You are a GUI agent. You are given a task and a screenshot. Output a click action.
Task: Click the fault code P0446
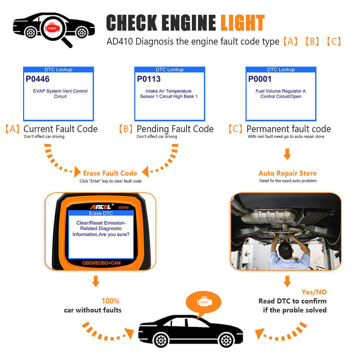37,79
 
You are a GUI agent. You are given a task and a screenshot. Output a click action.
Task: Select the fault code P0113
149,79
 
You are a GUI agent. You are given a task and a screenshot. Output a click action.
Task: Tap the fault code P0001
260,79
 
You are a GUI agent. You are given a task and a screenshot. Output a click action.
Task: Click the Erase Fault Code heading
110,173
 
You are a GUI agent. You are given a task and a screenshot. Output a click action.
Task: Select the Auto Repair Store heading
287,173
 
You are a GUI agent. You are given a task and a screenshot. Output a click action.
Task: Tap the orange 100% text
111,301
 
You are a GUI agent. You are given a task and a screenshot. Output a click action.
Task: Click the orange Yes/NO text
314,292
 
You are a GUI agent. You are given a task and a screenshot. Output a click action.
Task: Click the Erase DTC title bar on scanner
101,213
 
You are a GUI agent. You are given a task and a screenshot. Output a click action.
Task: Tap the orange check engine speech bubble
204,302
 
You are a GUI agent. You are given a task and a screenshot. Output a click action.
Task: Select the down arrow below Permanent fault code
287,154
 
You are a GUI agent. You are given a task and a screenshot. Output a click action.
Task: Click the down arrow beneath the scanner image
95,281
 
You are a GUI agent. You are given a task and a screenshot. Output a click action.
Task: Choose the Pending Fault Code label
175,129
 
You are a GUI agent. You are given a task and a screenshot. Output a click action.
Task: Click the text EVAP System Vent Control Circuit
60,94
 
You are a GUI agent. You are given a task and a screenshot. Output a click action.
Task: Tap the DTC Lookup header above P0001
281,69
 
